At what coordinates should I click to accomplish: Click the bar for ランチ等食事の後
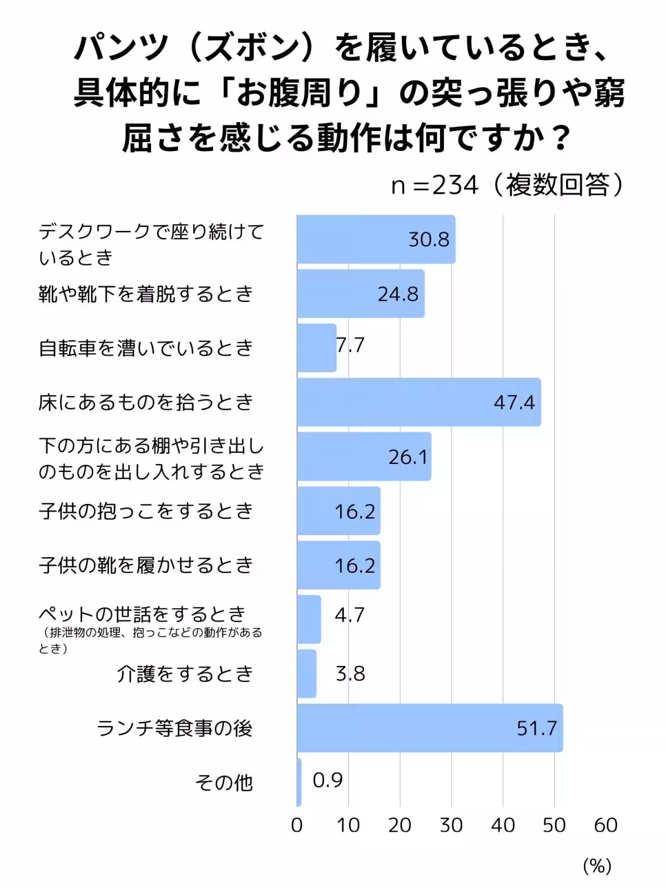click(x=430, y=728)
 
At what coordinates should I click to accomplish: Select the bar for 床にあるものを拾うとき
click(x=418, y=402)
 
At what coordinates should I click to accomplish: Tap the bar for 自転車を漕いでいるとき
click(x=316, y=348)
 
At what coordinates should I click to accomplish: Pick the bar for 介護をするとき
click(x=306, y=674)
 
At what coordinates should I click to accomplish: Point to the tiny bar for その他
click(x=299, y=782)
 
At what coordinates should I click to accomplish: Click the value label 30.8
click(x=428, y=239)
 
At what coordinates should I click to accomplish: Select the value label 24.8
click(x=398, y=294)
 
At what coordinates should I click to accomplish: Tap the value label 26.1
click(x=408, y=457)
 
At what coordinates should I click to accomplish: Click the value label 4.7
click(x=349, y=615)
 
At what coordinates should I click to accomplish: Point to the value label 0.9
click(x=327, y=780)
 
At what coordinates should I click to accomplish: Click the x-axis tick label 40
click(x=503, y=825)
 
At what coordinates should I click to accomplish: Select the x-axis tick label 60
click(x=606, y=825)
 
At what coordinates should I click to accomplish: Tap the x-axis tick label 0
click(x=297, y=825)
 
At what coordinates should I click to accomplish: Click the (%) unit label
click(x=597, y=866)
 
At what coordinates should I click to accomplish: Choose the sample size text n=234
click(x=434, y=185)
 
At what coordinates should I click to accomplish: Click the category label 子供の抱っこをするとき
click(x=146, y=511)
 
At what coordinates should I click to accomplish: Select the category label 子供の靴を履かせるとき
click(x=146, y=565)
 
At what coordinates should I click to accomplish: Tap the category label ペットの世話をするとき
click(x=142, y=614)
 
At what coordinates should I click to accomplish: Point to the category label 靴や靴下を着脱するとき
click(x=146, y=294)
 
